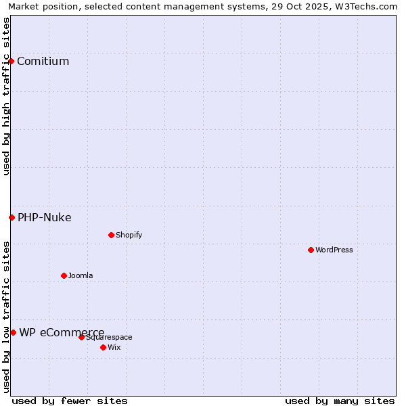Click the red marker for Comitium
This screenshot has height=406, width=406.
pyautogui.click(x=11, y=62)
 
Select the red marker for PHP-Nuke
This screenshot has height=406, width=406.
pyautogui.click(x=12, y=217)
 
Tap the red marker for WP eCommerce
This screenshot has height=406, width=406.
pyautogui.click(x=13, y=332)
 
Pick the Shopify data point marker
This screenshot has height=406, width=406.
pyautogui.click(x=111, y=235)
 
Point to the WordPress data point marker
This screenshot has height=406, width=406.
pyautogui.click(x=311, y=250)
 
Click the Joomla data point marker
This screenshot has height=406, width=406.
pyautogui.click(x=64, y=275)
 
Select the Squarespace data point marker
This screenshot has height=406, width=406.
pyautogui.click(x=81, y=337)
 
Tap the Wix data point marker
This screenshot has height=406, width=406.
pyautogui.click(x=103, y=347)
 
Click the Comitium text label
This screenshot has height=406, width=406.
pyautogui.click(x=43, y=62)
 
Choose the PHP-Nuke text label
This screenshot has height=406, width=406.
pyautogui.click(x=44, y=217)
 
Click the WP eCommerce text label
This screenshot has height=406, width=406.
pyautogui.click(x=62, y=332)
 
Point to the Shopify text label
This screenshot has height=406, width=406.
pyautogui.click(x=129, y=235)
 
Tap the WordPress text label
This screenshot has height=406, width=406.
pyautogui.click(x=334, y=250)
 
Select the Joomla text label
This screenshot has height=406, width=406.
pyautogui.click(x=81, y=275)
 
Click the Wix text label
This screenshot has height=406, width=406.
pyautogui.click(x=114, y=347)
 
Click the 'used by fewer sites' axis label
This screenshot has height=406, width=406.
pyautogui.click(x=70, y=401)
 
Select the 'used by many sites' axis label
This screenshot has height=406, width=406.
pyautogui.click(x=340, y=401)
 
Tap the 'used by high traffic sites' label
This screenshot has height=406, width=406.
pyautogui.click(x=6, y=96)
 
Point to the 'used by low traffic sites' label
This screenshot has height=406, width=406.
pyautogui.click(x=6, y=317)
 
